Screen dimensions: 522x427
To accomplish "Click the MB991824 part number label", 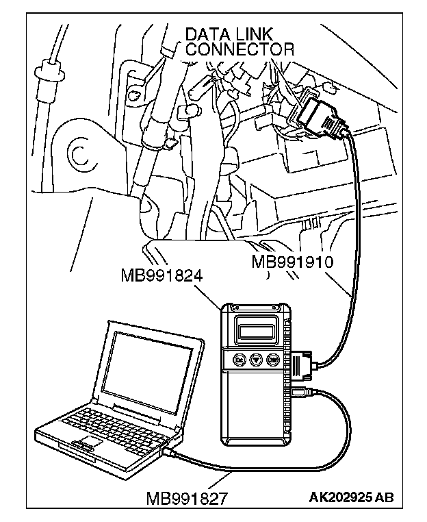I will click(x=164, y=275).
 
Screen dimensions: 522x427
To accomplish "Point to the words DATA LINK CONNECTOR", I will click(x=240, y=41).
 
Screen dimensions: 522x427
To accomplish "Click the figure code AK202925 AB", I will click(x=352, y=497).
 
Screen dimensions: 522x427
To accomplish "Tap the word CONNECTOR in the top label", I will click(x=240, y=49).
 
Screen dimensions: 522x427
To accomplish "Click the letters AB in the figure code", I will click(x=386, y=497).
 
